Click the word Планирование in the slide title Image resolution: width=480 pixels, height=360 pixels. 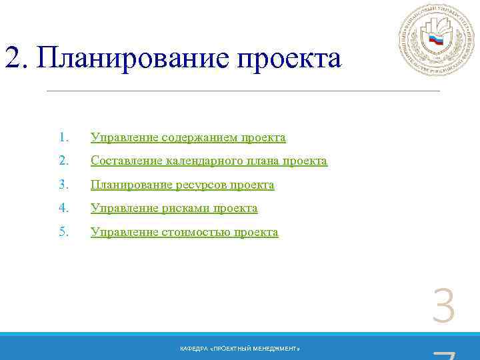[x=134, y=59]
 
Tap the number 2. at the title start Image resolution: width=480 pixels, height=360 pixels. [x=16, y=59]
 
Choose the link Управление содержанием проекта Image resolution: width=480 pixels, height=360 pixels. [x=188, y=138]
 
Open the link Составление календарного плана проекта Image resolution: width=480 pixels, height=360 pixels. [x=209, y=161]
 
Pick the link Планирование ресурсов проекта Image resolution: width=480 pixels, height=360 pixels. [x=182, y=185]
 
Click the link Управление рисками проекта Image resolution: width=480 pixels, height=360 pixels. [x=174, y=209]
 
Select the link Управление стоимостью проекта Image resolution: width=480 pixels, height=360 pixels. [x=185, y=233]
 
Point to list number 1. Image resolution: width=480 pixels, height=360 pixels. [x=63, y=138]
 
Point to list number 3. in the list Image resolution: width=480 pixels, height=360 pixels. [x=63, y=185]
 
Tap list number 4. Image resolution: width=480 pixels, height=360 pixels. [x=63, y=209]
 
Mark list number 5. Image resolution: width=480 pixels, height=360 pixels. [x=63, y=233]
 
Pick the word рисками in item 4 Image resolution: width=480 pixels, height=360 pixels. [x=185, y=209]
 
